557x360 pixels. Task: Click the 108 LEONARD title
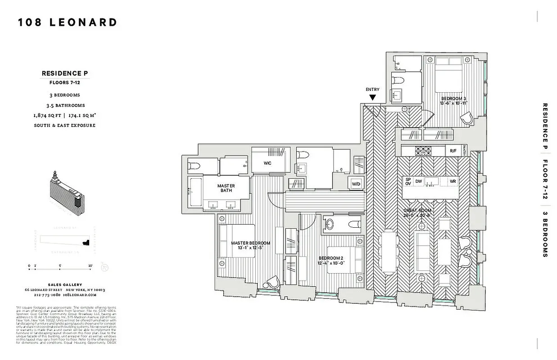[68, 22]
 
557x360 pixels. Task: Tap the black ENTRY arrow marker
[373, 97]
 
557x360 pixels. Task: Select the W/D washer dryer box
[355, 184]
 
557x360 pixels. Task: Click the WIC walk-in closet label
[267, 163]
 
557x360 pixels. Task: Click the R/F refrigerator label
[453, 151]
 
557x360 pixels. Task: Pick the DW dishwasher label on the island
[419, 181]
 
